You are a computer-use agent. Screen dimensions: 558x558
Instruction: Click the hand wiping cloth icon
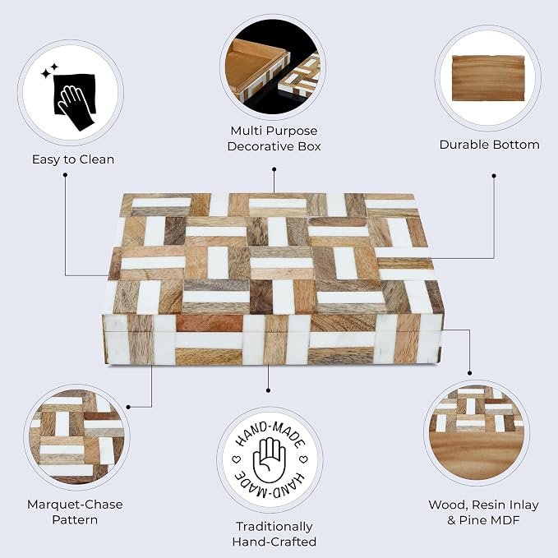pos(75,99)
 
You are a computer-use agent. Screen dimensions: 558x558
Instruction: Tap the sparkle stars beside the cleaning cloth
pos(50,71)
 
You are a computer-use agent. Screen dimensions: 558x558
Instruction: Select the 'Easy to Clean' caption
pos(73,159)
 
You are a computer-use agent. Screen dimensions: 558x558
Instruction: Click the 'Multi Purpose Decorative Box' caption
pos(274,138)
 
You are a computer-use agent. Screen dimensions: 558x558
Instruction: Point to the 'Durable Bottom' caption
pos(489,145)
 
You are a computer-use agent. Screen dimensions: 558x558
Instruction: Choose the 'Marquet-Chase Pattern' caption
pos(75,512)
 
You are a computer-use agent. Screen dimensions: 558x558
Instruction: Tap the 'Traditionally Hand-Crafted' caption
pos(274,534)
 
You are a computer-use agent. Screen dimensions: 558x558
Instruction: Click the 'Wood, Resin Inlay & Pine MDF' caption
pos(483,513)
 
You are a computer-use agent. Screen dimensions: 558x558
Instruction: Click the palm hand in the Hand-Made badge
pos(270,460)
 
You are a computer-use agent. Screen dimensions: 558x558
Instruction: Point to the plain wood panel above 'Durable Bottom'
pos(488,78)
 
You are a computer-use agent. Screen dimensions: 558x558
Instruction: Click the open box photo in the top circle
pos(273,67)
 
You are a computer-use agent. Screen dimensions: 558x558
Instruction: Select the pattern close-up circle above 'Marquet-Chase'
pos(76,437)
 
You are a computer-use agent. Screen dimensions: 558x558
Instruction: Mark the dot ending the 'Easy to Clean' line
pos(65,175)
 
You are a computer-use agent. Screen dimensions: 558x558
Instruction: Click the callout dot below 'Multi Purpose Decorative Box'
pos(274,169)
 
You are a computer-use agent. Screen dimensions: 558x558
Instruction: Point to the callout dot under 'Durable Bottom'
pos(494,175)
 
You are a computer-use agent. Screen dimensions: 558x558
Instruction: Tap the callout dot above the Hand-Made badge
pos(269,390)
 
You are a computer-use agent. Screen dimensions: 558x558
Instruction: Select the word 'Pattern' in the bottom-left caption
pos(75,519)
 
